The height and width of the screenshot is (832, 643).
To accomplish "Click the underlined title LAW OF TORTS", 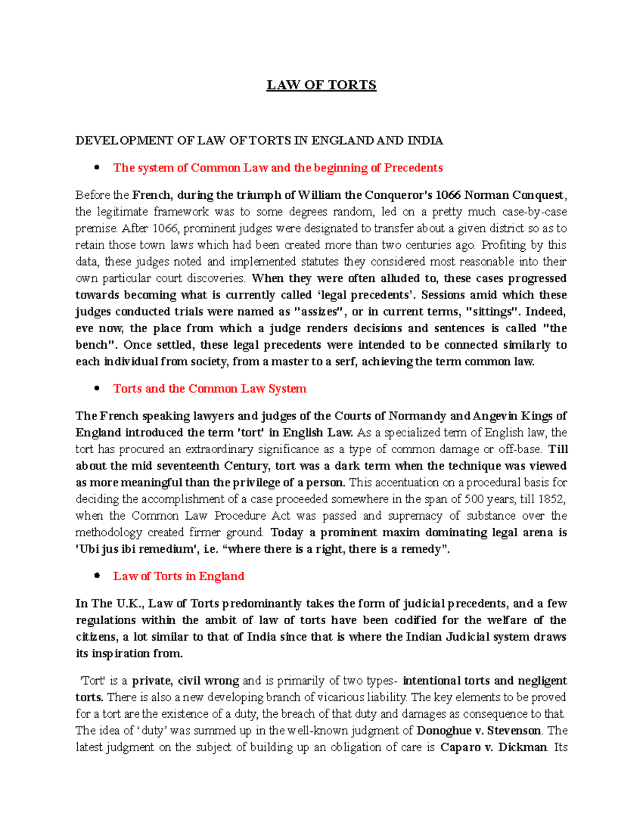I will pyautogui.click(x=322, y=85).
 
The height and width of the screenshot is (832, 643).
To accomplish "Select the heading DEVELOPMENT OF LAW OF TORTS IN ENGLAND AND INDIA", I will pyautogui.click(x=259, y=141).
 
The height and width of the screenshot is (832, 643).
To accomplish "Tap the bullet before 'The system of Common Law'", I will pyautogui.click(x=97, y=168).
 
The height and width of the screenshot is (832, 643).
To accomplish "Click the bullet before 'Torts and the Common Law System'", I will pyautogui.click(x=97, y=388).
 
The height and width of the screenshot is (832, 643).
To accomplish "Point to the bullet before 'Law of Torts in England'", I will pyautogui.click(x=97, y=576).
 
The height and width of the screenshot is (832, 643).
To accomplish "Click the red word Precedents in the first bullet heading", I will pyautogui.click(x=413, y=168).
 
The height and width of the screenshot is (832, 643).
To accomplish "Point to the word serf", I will pyautogui.click(x=347, y=362).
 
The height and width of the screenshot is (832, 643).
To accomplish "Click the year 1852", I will pyautogui.click(x=551, y=499).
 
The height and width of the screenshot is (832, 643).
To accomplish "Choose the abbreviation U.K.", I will pyautogui.click(x=129, y=604).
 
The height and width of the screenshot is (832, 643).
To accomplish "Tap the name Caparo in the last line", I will pyautogui.click(x=460, y=747).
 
